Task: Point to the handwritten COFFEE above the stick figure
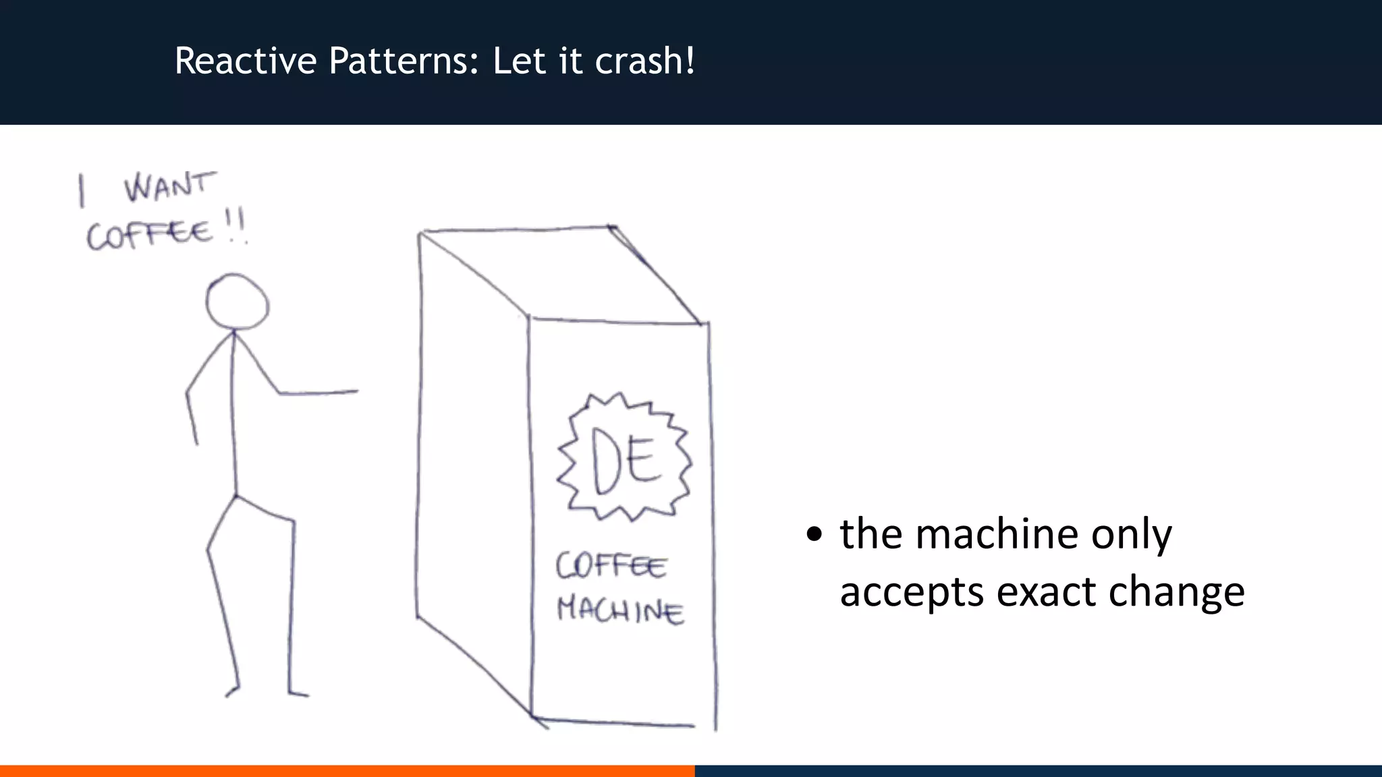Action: tap(150, 235)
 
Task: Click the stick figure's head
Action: tap(237, 301)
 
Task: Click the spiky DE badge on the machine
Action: tap(625, 458)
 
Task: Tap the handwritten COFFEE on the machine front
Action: tap(611, 565)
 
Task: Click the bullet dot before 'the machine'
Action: tap(814, 535)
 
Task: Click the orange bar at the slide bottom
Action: tap(347, 770)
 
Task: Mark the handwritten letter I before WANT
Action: tap(82, 190)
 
